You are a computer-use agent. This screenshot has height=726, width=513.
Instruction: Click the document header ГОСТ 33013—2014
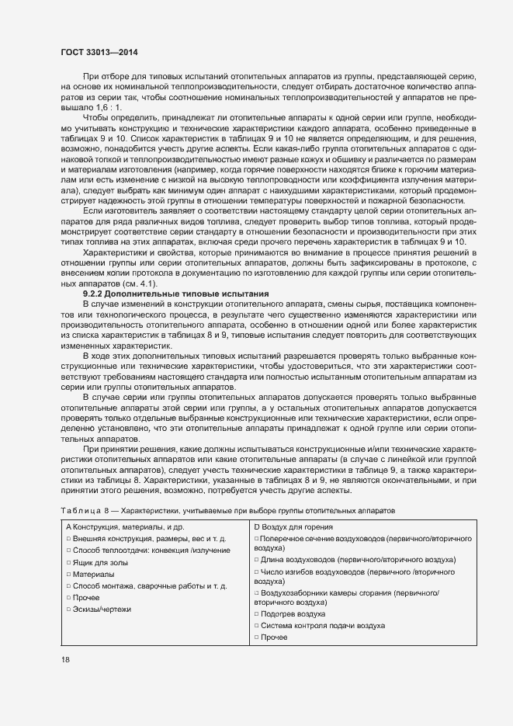[x=99, y=52]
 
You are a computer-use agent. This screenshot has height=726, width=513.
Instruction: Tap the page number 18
[x=65, y=659]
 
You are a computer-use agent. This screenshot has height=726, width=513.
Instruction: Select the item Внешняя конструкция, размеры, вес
[x=149, y=538]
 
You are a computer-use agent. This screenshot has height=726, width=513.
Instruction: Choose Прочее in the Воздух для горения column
[x=274, y=637]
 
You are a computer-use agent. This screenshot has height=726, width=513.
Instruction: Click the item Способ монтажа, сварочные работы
[x=149, y=586]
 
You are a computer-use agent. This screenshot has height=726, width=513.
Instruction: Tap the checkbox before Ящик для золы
[x=68, y=562]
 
